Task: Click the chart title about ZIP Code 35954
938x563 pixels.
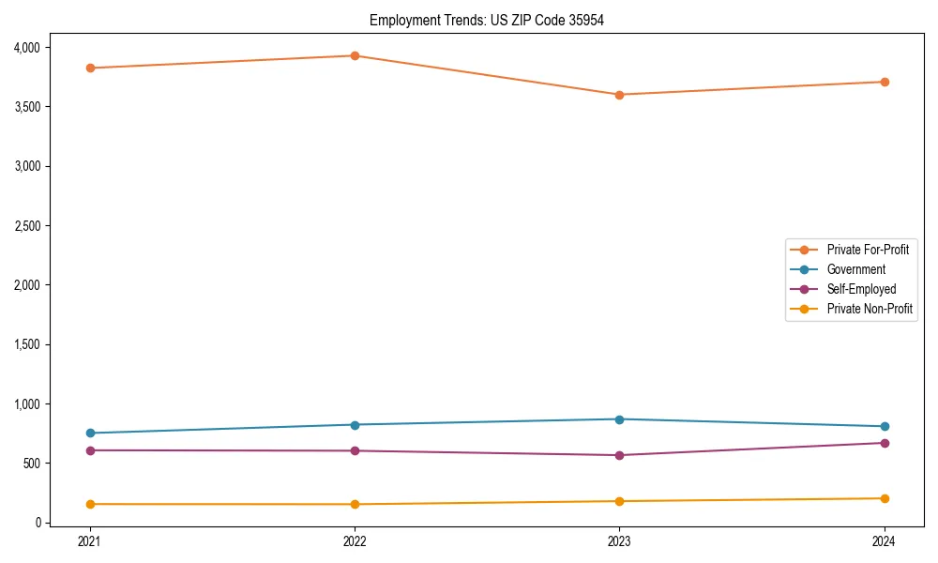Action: tap(486, 20)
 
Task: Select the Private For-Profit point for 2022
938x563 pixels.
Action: tap(355, 55)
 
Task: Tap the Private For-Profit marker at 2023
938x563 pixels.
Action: tap(619, 95)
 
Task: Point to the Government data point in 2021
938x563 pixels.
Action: tap(90, 433)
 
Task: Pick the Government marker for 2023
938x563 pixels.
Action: tap(619, 419)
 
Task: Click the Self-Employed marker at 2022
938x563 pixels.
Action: tap(355, 451)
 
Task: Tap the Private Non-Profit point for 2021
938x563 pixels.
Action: tap(90, 504)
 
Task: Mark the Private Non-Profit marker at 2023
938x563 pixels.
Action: tap(619, 501)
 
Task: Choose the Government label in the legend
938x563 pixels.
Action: tap(855, 269)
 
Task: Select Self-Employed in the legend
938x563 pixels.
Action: tap(861, 289)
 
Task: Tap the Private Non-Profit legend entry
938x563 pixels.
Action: tap(870, 309)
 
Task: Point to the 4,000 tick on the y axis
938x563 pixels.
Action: tap(25, 47)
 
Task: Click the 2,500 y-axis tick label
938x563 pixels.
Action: tap(25, 226)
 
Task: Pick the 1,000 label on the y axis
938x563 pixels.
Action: tap(25, 404)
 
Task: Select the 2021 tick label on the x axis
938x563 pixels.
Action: tap(90, 541)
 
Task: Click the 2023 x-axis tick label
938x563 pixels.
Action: tap(619, 541)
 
